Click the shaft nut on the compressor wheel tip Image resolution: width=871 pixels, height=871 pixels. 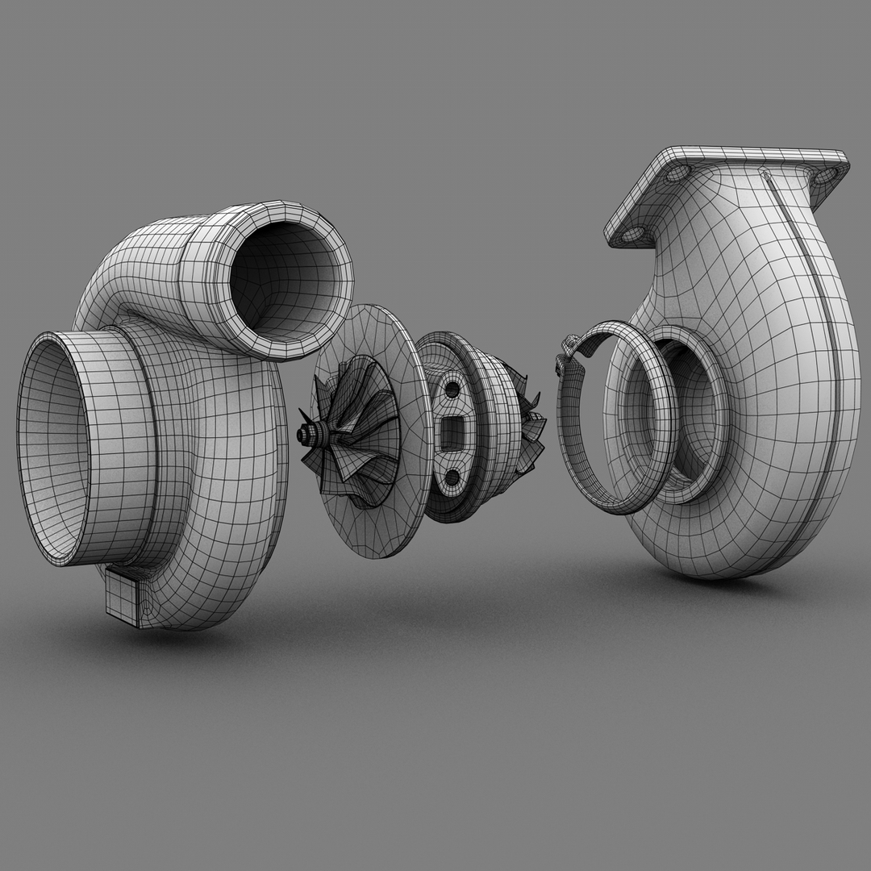point(307,435)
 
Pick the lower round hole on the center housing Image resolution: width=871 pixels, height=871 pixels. point(453,477)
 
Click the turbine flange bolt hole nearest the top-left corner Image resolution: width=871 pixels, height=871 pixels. point(677,173)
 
